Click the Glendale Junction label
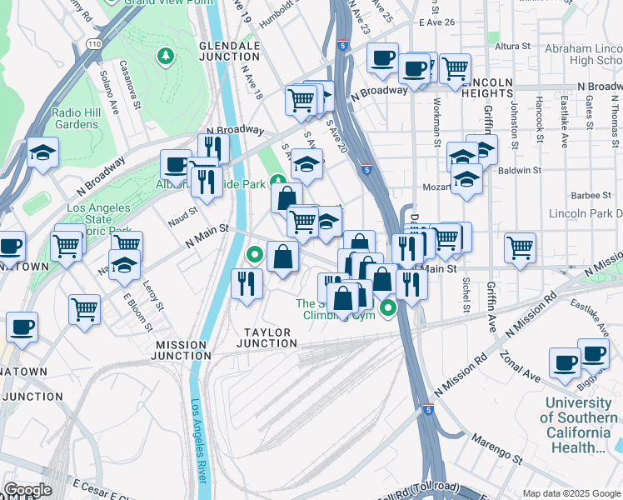[x=230, y=51]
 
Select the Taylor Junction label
[x=267, y=337]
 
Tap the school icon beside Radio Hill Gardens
[x=42, y=154]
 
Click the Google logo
[x=27, y=490]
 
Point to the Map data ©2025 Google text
[x=571, y=493]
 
